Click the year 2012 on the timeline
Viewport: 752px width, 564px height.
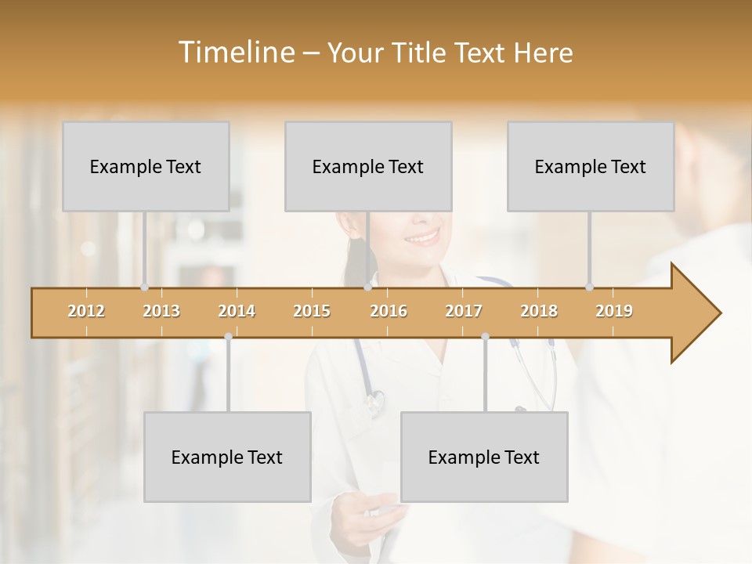point(86,311)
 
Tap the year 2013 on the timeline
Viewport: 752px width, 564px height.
point(161,311)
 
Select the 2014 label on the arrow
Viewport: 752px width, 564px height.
point(237,311)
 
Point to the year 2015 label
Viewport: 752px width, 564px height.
point(312,311)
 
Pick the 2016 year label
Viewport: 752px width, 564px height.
point(389,311)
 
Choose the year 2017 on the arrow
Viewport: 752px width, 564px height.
point(464,311)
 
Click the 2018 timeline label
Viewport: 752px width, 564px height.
point(539,311)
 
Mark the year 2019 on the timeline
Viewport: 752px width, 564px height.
point(614,311)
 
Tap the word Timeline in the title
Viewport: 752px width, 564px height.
point(235,52)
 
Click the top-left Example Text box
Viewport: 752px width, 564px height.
point(146,166)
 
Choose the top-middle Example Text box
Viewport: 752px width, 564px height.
point(368,166)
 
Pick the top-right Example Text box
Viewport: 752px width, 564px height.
point(591,166)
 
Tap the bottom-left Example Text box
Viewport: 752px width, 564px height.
point(227,457)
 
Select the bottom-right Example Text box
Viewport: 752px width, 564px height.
point(484,457)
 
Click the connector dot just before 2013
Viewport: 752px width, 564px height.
point(144,287)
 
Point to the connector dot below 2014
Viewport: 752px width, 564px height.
point(228,336)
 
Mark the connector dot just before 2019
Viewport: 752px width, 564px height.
point(589,287)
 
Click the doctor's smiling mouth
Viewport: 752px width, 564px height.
point(423,236)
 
